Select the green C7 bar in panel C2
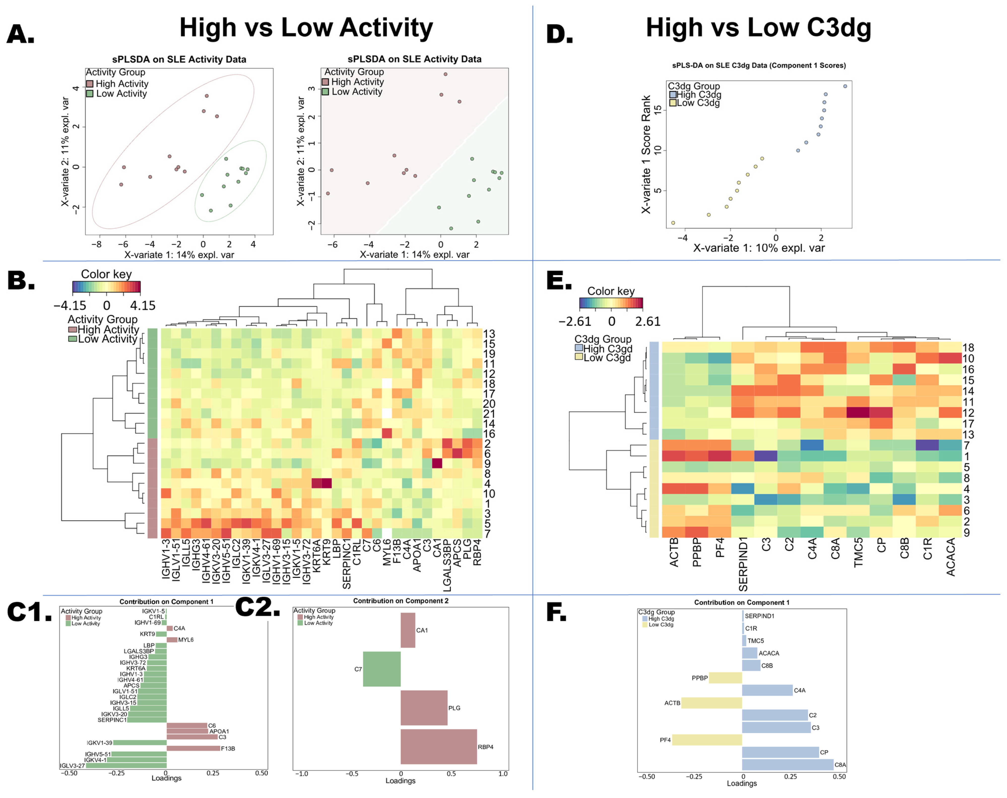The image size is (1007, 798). coord(382,669)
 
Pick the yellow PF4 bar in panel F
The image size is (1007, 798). coord(707,740)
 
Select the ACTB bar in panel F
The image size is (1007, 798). coord(712,703)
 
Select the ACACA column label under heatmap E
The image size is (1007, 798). coord(951,557)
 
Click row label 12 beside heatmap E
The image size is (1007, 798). coord(968,413)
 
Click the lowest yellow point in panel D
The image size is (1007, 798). coord(673,223)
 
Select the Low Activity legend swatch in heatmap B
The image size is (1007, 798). coord(72,339)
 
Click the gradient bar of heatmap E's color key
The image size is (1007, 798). coord(611,304)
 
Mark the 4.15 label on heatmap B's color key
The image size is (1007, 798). coord(142,306)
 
